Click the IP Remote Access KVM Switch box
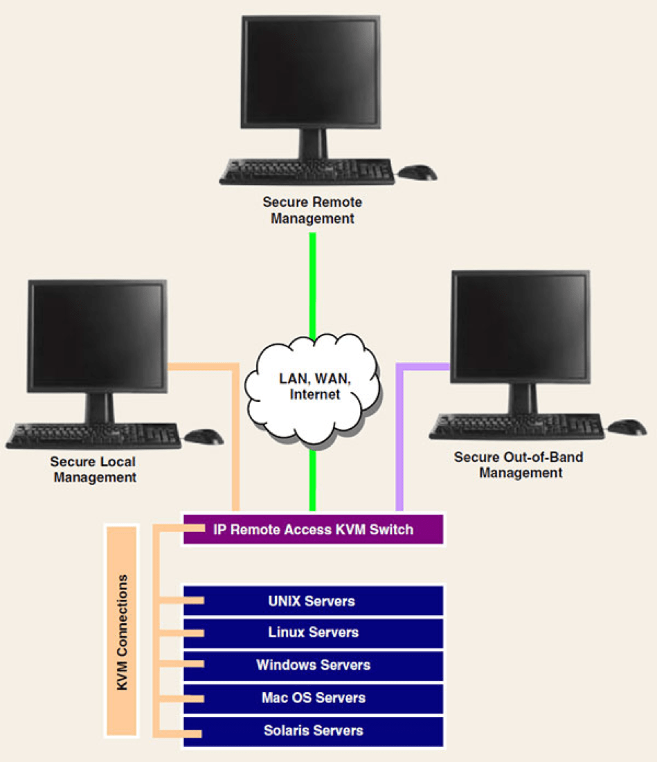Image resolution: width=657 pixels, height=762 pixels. point(313,530)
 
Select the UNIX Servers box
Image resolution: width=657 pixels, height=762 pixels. point(313,601)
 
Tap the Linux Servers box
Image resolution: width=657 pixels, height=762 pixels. point(313,632)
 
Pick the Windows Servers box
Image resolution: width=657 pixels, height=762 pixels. point(313,665)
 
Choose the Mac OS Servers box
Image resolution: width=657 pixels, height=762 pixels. point(313,698)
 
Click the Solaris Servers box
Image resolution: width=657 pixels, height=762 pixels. point(313,730)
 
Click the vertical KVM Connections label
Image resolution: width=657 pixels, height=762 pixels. point(123,630)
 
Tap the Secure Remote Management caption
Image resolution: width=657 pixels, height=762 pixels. point(312,210)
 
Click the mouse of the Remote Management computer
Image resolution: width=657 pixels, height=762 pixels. point(418,172)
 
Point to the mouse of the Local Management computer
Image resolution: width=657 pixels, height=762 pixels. point(204,436)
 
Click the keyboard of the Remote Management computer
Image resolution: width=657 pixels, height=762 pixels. point(307,171)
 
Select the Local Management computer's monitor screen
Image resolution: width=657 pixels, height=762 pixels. point(97,335)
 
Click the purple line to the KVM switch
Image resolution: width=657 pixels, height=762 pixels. point(399,443)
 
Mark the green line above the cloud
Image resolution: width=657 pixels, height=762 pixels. point(313,284)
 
